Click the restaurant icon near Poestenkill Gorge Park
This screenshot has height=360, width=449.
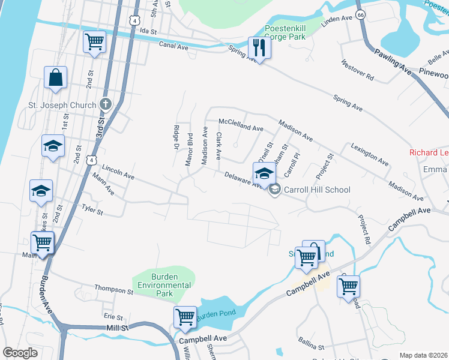[259, 48]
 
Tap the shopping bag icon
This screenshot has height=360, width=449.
[55, 78]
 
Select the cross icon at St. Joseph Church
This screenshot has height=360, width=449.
[106, 104]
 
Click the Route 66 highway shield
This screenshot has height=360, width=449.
[360, 14]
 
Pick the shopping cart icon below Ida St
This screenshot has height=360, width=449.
[94, 42]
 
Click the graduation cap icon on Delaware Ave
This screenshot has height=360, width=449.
[264, 173]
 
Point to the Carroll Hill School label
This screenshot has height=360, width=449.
[317, 190]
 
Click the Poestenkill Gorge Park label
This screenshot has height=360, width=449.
[286, 32]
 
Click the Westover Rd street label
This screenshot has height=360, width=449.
[357, 70]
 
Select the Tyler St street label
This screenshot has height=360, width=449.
[92, 209]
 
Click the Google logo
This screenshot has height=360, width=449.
[20, 352]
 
